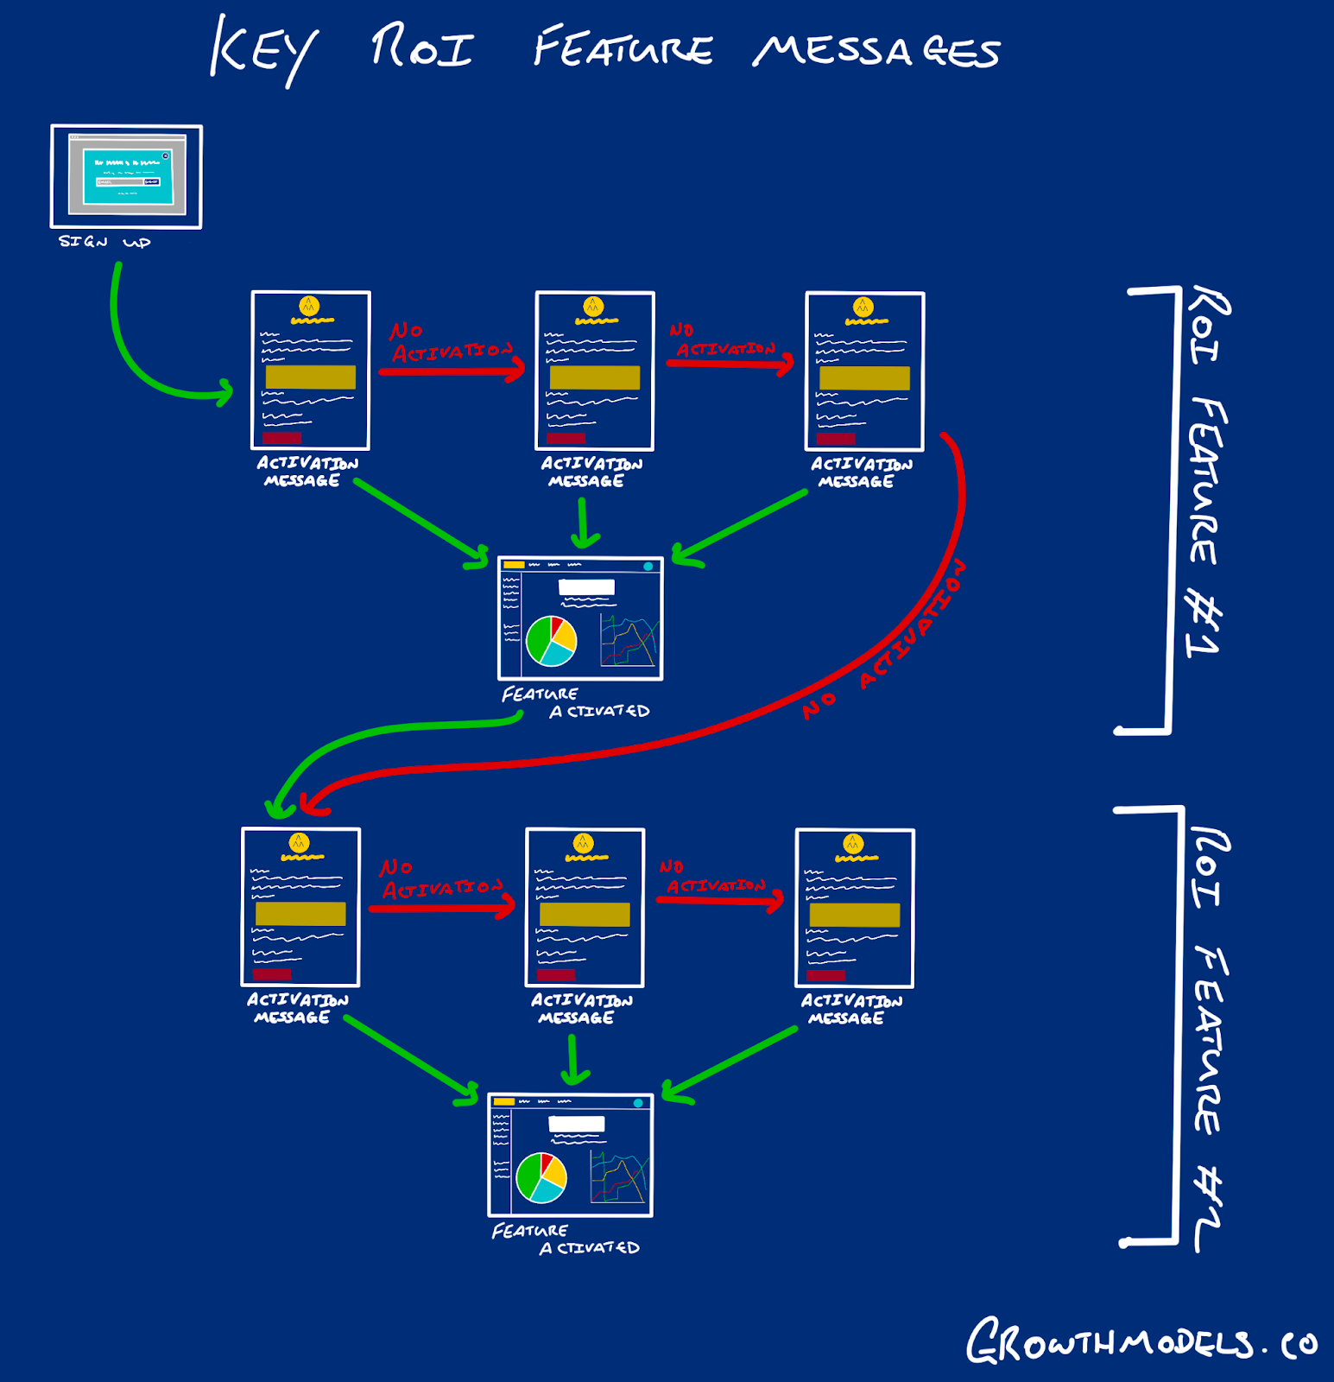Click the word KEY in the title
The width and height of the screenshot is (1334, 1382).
262,50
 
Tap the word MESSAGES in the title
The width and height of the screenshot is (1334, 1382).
876,51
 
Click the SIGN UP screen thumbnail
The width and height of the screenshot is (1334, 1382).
126,176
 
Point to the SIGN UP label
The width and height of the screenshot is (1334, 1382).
104,242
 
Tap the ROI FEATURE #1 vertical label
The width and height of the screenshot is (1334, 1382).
1207,470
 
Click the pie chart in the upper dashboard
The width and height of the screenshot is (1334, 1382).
551,640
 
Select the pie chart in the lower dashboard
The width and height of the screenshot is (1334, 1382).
541,1177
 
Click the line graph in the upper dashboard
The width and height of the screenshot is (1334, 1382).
629,641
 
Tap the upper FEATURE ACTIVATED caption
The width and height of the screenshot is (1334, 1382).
575,702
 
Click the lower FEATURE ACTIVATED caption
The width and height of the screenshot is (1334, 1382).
566,1239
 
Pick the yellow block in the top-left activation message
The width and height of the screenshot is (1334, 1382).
311,377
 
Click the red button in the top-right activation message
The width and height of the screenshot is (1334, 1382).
836,439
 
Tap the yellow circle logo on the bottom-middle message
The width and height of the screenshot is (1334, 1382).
584,842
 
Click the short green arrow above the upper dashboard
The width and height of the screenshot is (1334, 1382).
584,523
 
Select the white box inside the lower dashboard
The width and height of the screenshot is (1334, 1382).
577,1124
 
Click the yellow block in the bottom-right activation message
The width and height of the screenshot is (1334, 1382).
855,915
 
